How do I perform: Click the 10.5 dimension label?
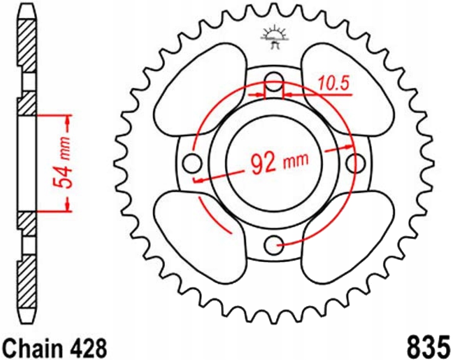[334, 84]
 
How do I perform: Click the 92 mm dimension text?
[280, 163]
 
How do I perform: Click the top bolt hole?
[274, 79]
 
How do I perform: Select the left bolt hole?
[191, 163]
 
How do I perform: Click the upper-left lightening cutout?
[201, 94]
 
